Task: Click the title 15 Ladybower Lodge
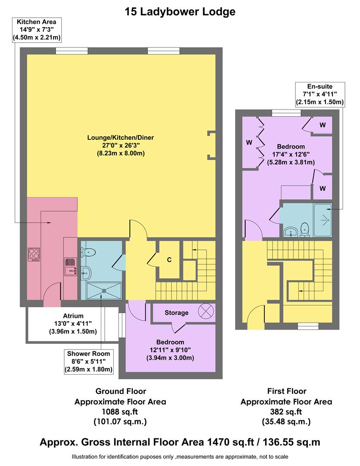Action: pyautogui.click(x=180, y=12)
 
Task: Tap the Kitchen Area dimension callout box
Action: pyautogui.click(x=37, y=30)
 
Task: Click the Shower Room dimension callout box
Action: pyautogui.click(x=89, y=361)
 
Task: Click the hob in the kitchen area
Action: pyautogui.click(x=34, y=253)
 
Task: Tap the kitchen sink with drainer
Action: pyautogui.click(x=70, y=266)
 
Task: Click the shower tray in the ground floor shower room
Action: pyautogui.click(x=103, y=290)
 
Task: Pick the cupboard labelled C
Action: pyautogui.click(x=169, y=260)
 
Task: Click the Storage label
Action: pyautogui.click(x=176, y=312)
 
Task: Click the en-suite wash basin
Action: pyautogui.click(x=291, y=232)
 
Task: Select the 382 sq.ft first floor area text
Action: pyautogui.click(x=286, y=411)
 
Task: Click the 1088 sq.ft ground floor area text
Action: pyautogui.click(x=120, y=411)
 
